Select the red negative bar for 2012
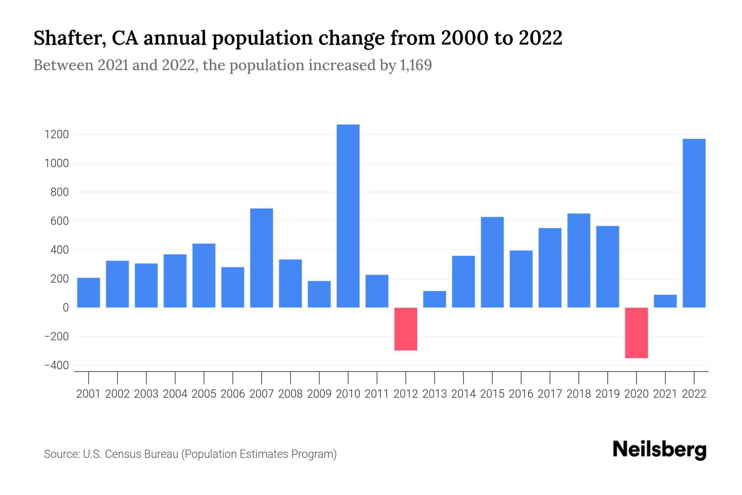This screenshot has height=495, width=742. [x=406, y=329]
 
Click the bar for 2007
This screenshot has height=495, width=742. [x=261, y=258]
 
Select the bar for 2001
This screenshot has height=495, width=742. [x=89, y=292]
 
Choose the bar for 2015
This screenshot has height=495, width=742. [x=492, y=262]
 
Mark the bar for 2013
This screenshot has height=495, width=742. [x=434, y=299]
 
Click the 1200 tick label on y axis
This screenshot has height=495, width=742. [x=57, y=134]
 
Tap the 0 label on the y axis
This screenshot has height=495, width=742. [x=65, y=308]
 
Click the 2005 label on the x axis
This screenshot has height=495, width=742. [x=204, y=394]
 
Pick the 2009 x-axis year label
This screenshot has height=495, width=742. [x=319, y=394]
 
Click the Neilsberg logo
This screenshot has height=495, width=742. [x=659, y=450]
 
